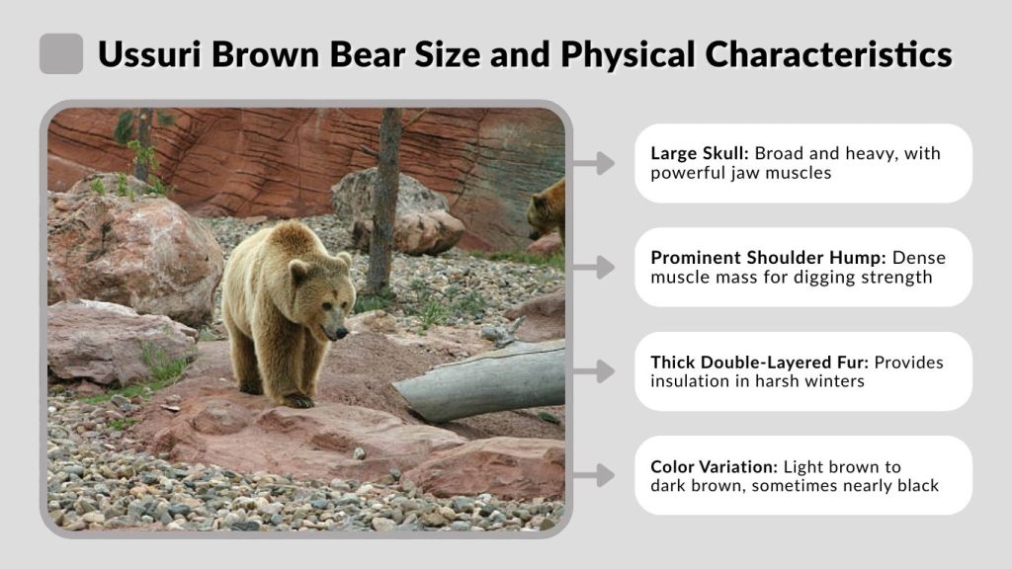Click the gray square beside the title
coord(61,53)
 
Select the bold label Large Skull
coord(699,153)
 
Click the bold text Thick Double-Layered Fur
coord(757,362)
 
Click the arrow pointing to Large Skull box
coord(594,163)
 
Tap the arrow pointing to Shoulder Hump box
coord(594,267)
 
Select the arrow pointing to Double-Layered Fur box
coord(594,371)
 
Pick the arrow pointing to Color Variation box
coord(594,475)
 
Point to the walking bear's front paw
coord(296,400)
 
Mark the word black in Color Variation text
coord(915,485)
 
